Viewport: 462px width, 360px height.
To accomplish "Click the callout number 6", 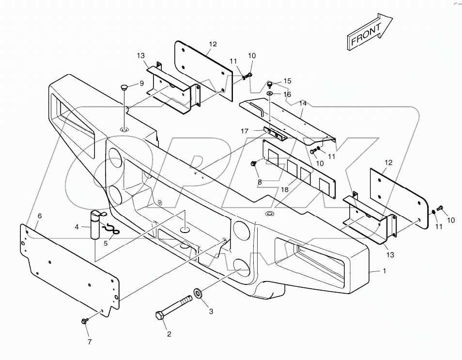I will coord(39,216).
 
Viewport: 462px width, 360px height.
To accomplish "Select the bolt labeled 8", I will coord(253,165).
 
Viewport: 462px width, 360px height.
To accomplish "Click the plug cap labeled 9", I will coord(124,88).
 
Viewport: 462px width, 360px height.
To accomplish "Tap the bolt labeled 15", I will coord(270,85).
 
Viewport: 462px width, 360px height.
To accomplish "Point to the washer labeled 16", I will coord(270,93).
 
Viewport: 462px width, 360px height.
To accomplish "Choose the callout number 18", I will coord(285,189).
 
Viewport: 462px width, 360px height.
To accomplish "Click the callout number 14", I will coord(303,104).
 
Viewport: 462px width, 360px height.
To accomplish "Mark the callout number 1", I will coord(384,271).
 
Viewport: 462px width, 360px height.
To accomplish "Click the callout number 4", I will coord(76,226).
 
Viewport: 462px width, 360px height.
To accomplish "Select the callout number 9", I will coord(141,83).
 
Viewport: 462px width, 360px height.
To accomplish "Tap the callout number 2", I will coord(169,333).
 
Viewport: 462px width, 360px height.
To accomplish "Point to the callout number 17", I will coord(245,131).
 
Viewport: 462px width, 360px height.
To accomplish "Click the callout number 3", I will coord(211,312).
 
